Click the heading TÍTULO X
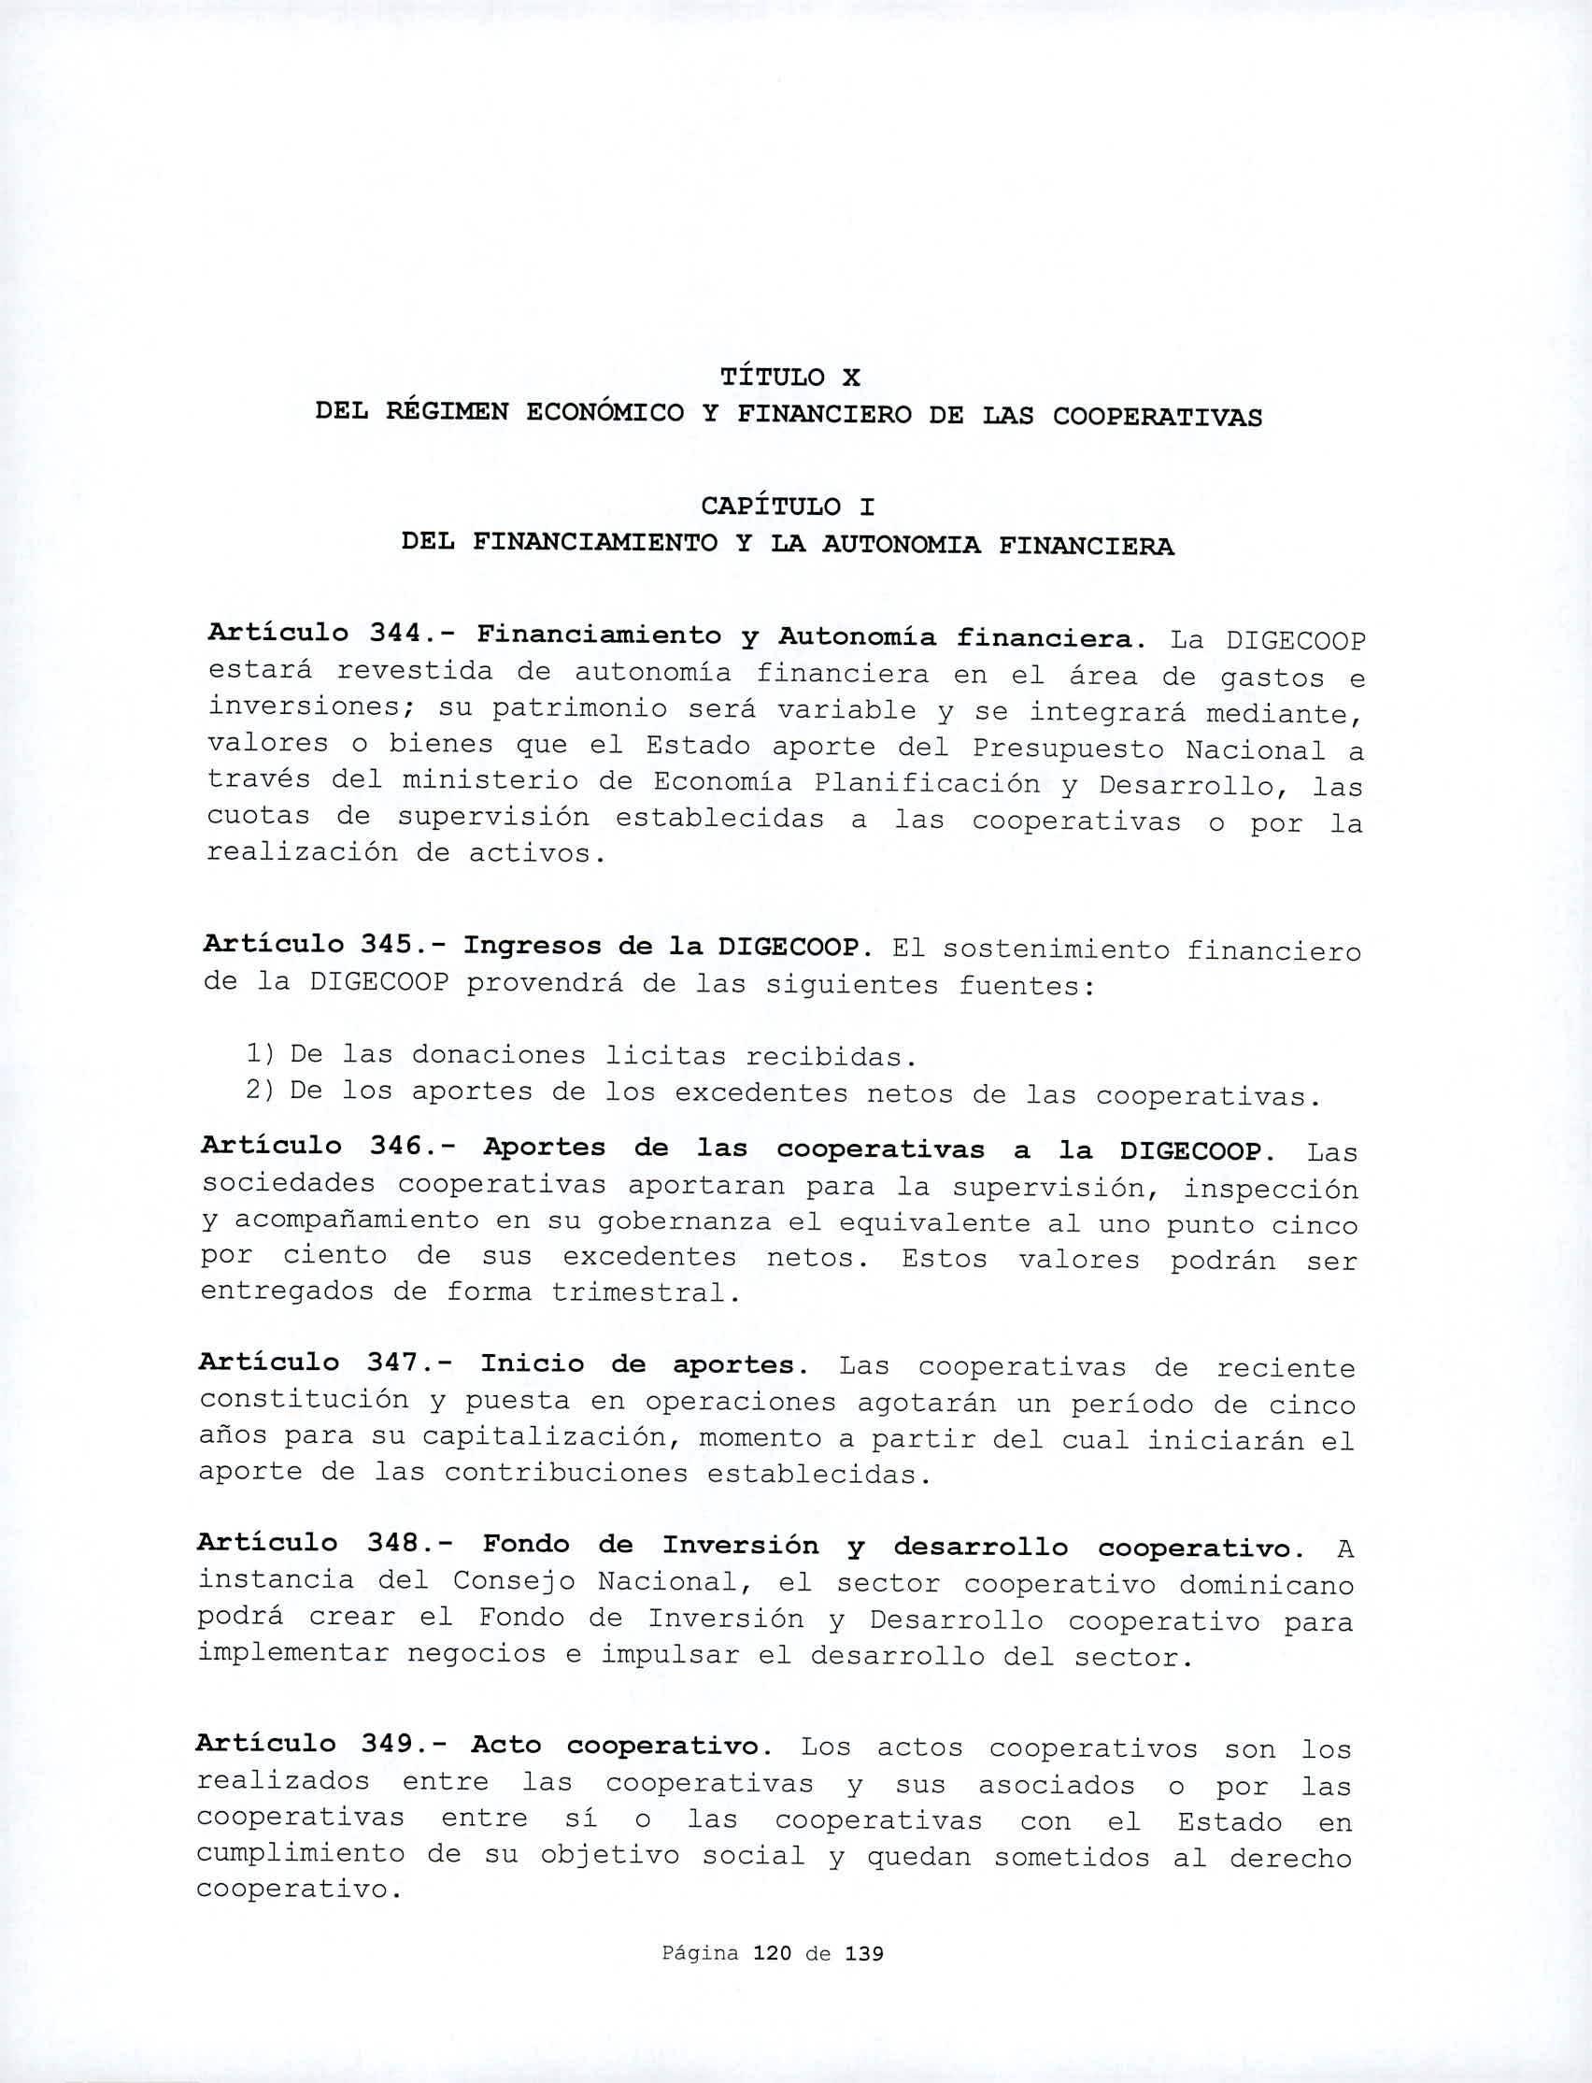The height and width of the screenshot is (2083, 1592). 789,378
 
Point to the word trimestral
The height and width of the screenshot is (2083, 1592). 643,1292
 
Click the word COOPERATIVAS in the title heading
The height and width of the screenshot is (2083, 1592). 1157,417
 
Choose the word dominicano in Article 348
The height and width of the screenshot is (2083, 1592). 1266,1585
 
